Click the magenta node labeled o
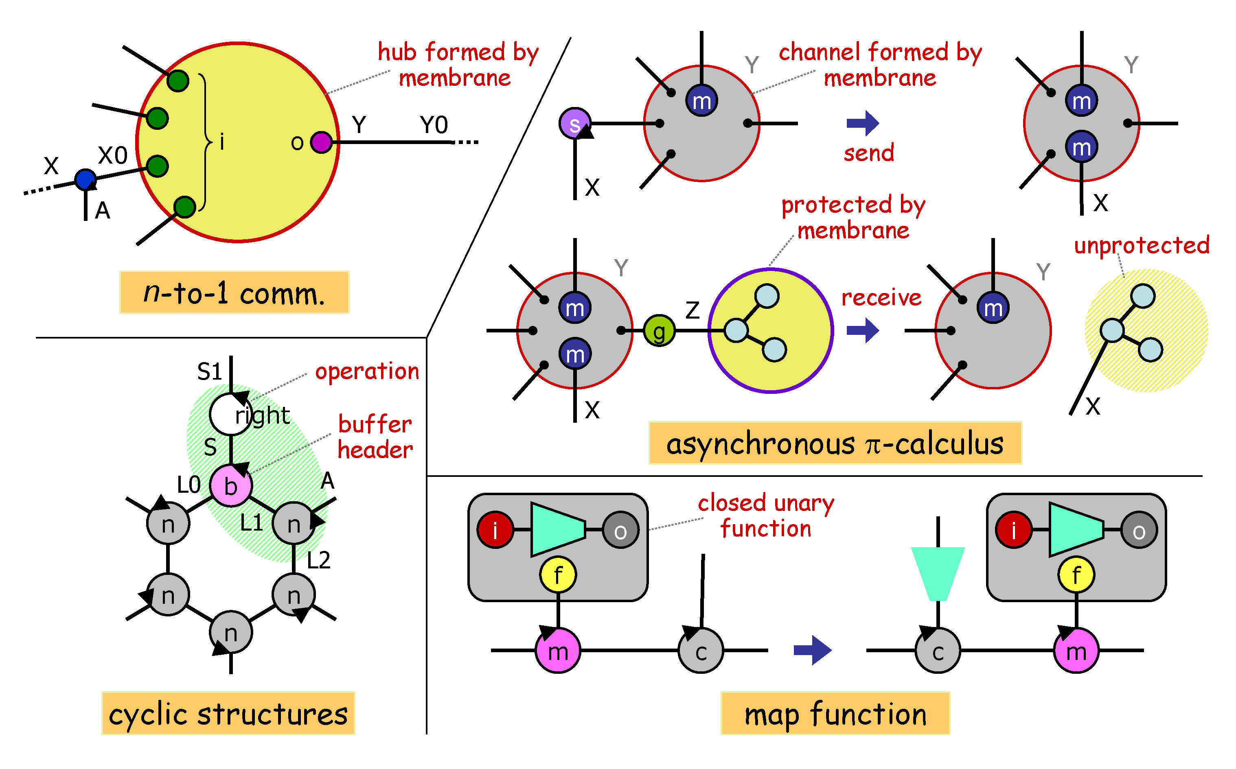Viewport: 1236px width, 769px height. (321, 142)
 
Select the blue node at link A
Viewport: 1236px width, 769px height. (85, 179)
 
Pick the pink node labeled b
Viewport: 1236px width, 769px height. (231, 486)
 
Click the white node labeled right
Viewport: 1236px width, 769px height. (230, 415)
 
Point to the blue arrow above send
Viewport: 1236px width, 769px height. (863, 123)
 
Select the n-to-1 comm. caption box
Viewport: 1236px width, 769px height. (234, 293)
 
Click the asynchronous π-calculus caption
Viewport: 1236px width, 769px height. (835, 443)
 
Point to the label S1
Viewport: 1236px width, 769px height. (209, 372)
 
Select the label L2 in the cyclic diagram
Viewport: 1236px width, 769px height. (318, 560)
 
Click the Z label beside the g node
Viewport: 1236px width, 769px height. (693, 310)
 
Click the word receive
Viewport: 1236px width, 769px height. (881, 297)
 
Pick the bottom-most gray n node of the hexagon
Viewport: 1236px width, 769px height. (231, 633)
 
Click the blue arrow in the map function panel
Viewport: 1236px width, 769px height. (813, 650)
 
